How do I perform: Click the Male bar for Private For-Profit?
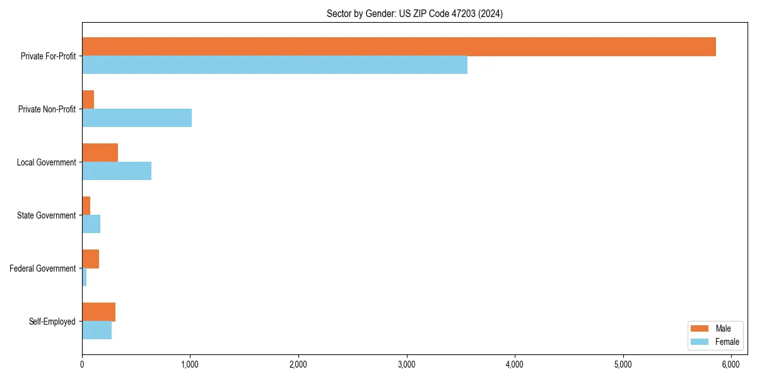pyautogui.click(x=399, y=47)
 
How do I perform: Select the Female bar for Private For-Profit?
pyautogui.click(x=274, y=65)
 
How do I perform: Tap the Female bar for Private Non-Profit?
pyautogui.click(x=137, y=118)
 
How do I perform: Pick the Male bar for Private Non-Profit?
pyautogui.click(x=88, y=100)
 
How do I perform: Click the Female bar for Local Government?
pyautogui.click(x=117, y=171)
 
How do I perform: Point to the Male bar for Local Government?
pyautogui.click(x=100, y=153)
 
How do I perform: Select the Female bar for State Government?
pyautogui.click(x=91, y=224)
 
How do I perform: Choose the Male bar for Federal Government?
pyautogui.click(x=91, y=259)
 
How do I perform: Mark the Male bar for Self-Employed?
pyautogui.click(x=98, y=312)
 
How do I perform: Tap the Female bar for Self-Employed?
pyautogui.click(x=97, y=330)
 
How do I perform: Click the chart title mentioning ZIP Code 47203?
pyautogui.click(x=414, y=13)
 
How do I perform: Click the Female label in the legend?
pyautogui.click(x=727, y=342)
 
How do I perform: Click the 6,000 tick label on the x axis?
pyautogui.click(x=731, y=364)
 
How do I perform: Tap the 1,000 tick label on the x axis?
pyautogui.click(x=191, y=364)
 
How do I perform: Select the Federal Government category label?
pyautogui.click(x=43, y=268)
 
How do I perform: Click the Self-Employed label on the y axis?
pyautogui.click(x=52, y=322)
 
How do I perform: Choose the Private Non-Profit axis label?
pyautogui.click(x=47, y=109)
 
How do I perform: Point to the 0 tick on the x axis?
pyautogui.click(x=82, y=364)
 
